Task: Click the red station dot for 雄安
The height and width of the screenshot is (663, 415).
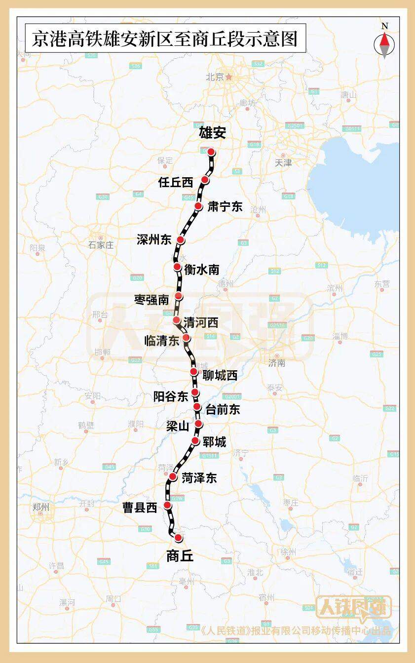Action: [211, 152]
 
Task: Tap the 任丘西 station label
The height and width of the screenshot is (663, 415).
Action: [176, 182]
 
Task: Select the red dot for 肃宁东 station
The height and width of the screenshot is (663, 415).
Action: [198, 206]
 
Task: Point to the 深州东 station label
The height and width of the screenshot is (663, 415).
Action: [154, 240]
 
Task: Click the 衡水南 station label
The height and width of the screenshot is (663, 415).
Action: [201, 270]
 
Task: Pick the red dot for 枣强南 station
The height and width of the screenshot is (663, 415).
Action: [179, 296]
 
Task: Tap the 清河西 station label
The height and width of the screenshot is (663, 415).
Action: [200, 323]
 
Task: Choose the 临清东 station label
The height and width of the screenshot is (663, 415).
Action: [161, 341]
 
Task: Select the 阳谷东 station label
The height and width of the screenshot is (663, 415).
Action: [171, 396]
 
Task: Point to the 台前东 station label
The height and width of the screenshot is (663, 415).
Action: [222, 409]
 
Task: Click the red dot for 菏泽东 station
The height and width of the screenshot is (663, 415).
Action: [173, 476]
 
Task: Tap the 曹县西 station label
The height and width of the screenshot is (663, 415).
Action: [140, 507]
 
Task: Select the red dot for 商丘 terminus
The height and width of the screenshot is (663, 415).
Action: [178, 537]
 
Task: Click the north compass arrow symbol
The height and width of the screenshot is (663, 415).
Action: [384, 43]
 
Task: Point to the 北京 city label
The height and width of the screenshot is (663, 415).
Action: [215, 77]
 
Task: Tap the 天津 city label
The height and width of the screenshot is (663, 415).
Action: [283, 162]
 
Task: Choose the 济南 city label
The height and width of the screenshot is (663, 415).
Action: [277, 363]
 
